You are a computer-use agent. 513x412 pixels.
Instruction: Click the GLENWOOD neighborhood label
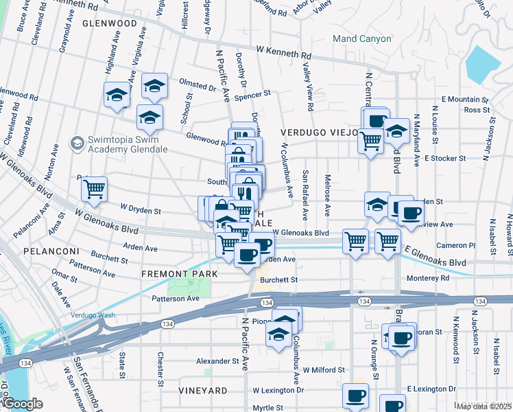pos(109,23)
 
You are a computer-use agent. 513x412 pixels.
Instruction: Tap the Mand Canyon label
pos(361,38)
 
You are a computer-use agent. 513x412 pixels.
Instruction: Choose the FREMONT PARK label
pos(179,274)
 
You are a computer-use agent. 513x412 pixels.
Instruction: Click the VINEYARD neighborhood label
pos(202,390)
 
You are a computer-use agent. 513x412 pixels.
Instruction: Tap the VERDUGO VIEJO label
pos(318,131)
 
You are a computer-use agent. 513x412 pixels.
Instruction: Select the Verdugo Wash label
pos(92,315)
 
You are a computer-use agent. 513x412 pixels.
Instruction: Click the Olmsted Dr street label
pos(198,87)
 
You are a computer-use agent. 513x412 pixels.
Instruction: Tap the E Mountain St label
pos(465,100)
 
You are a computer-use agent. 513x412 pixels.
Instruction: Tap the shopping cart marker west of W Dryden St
pos(94,188)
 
